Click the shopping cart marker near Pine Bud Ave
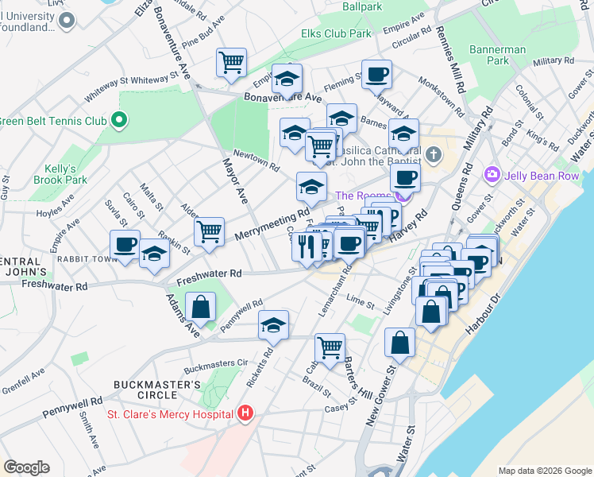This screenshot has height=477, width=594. click(231, 61)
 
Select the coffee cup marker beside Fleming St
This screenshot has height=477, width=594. click(377, 74)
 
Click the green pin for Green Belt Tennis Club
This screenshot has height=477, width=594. click(119, 121)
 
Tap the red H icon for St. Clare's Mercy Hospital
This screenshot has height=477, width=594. click(245, 413)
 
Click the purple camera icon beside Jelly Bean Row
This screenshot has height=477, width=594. click(492, 173)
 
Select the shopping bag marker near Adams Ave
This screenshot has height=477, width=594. click(201, 306)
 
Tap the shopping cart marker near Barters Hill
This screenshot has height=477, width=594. click(330, 347)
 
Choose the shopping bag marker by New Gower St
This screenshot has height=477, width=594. click(399, 342)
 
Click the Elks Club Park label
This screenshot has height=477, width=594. click(336, 34)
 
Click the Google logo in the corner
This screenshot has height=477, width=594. click(26, 467)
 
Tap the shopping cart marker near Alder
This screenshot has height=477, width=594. click(209, 231)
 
